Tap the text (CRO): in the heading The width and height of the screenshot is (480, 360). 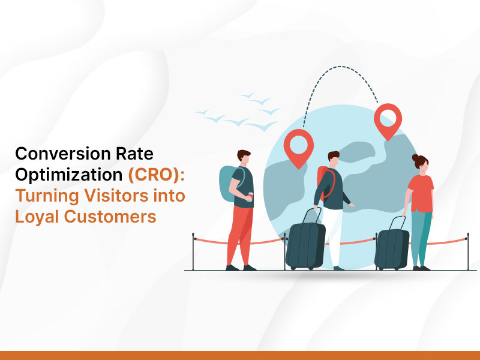click(157, 175)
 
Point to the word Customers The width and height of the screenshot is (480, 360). click(110, 217)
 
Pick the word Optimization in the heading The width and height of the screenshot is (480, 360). click(69, 175)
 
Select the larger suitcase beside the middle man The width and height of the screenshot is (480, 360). click(305, 242)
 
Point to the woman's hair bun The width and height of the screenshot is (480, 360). click(415, 158)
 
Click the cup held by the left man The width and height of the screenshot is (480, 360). click(250, 197)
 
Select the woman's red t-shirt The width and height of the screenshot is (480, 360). click(422, 193)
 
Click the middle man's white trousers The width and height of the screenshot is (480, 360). click(333, 236)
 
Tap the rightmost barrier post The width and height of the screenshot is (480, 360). click(468, 251)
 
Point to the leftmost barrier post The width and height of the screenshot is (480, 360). click(193, 251)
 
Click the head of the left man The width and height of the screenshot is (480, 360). click(244, 157)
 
